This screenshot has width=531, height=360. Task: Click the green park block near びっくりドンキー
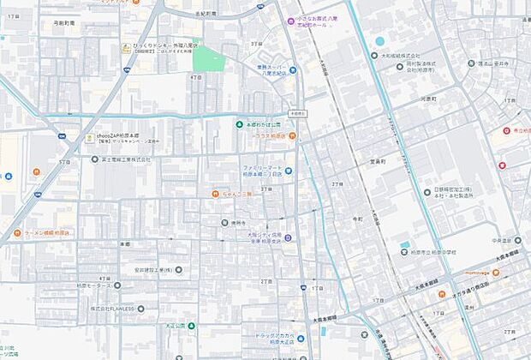208,58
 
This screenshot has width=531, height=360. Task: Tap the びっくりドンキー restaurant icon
126,48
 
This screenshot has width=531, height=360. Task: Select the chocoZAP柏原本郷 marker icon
88,137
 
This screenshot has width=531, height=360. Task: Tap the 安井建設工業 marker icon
178,270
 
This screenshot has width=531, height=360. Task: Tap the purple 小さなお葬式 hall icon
290,21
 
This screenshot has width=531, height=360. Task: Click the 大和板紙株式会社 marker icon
373,56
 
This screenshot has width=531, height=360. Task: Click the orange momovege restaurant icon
495,272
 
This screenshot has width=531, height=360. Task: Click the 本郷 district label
125,244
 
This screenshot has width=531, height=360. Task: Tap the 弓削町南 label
64,24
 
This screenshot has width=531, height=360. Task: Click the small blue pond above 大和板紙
379,40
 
